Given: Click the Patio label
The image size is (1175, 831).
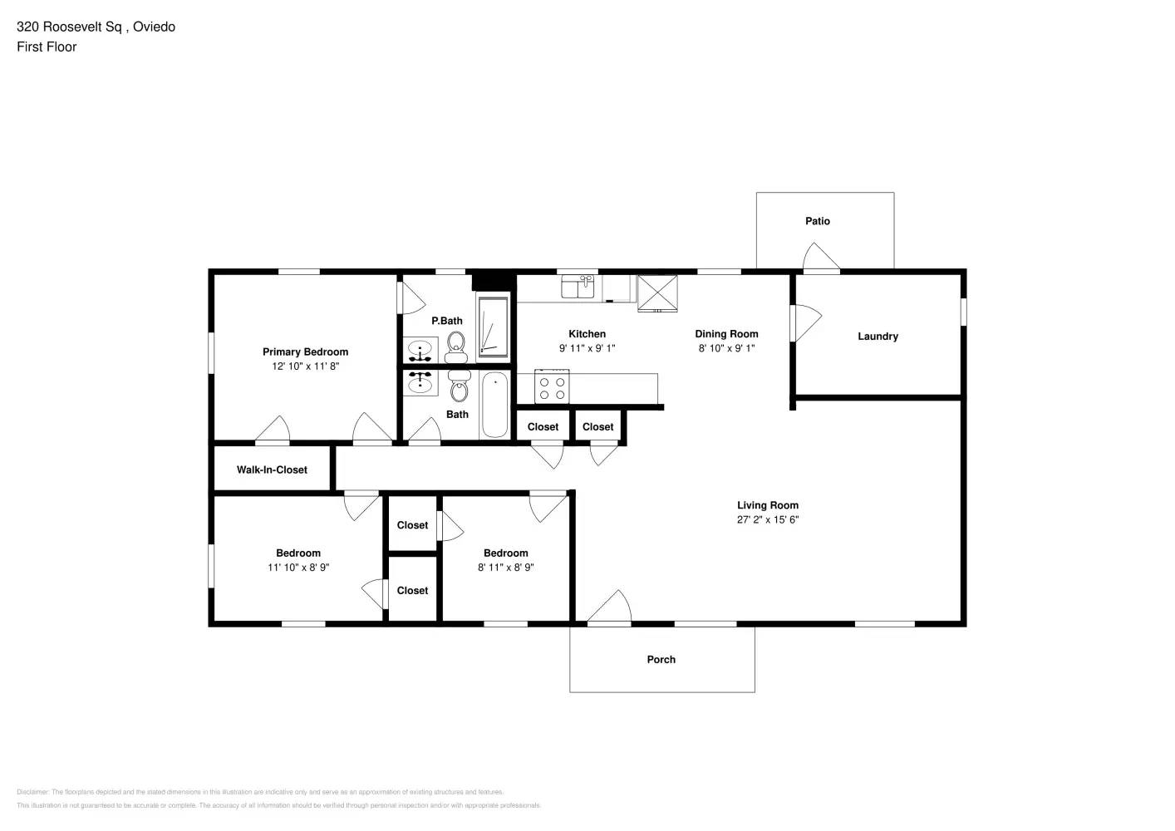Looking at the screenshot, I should click(817, 221).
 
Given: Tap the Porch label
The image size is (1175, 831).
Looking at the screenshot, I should click(661, 660).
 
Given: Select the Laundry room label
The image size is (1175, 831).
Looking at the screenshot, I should click(878, 337).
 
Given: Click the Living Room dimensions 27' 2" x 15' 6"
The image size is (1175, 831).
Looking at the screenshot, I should click(767, 519).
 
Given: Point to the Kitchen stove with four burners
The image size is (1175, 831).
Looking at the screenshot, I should click(552, 388).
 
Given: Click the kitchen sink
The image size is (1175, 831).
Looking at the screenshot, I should click(578, 287).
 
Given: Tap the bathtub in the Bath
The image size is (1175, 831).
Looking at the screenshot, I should click(494, 405).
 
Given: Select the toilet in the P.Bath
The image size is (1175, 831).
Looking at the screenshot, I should click(456, 347).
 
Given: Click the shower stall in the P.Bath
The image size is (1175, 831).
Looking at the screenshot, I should click(493, 327).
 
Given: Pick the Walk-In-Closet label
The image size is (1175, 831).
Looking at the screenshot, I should click(272, 470).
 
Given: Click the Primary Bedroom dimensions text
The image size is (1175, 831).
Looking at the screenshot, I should click(305, 366).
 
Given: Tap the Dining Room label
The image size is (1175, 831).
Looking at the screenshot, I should click(726, 334).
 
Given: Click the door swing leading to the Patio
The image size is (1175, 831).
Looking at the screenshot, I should click(821, 257).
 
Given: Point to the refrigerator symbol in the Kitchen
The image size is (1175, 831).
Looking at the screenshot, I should click(657, 293).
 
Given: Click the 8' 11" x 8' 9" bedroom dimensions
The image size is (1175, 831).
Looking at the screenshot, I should click(505, 568).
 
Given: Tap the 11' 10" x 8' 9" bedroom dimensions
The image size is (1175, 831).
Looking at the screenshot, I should click(297, 568).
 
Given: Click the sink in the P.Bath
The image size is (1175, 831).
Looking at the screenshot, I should click(420, 350).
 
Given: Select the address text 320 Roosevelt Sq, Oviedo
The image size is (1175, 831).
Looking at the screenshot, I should click(96, 27).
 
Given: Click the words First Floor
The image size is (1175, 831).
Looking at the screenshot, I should click(47, 47).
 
